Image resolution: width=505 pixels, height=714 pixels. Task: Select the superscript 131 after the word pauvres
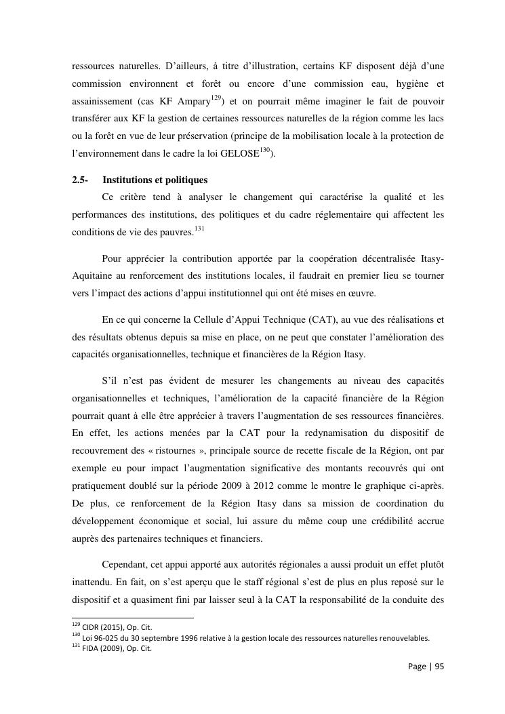[x=199, y=229]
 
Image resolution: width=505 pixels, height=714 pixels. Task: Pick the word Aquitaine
[x=95, y=277]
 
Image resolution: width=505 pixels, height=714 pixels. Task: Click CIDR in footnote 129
[x=90, y=627]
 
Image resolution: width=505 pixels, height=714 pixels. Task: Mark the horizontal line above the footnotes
[x=132, y=618]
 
